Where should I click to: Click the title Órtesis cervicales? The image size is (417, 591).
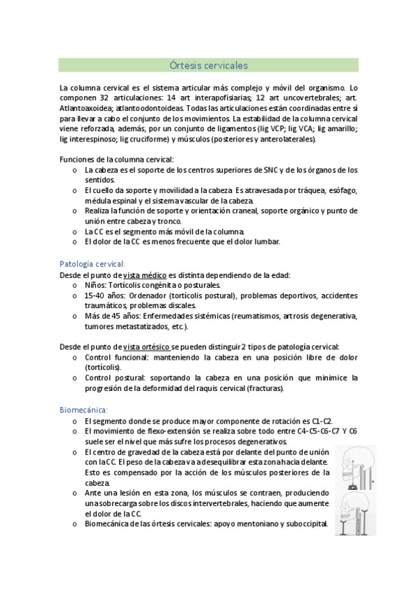pos(209,66)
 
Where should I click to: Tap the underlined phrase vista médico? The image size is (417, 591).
pos(145,275)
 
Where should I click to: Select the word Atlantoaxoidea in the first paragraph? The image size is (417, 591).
pos(84,109)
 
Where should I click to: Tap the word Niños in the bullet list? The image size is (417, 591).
pos(96,285)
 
